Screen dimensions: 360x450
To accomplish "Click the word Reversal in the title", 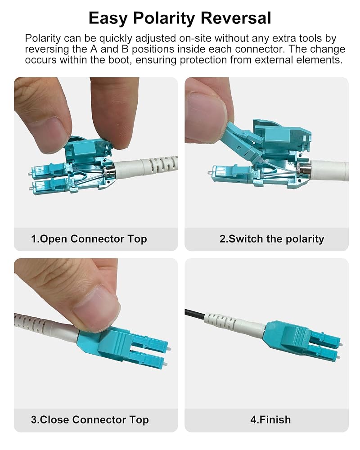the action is tap(236, 18).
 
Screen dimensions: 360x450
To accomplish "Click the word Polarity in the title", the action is tap(164, 19).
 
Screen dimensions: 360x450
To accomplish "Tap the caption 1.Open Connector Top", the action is tap(89, 239).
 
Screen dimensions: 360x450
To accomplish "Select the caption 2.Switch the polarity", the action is tap(272, 239).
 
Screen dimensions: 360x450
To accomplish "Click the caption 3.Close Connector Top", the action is tap(90, 419).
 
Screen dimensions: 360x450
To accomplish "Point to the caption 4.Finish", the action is tap(270, 419).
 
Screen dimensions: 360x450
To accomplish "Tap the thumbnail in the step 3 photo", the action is tap(95, 309).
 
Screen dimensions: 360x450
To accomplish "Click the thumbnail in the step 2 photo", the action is tap(206, 115).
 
